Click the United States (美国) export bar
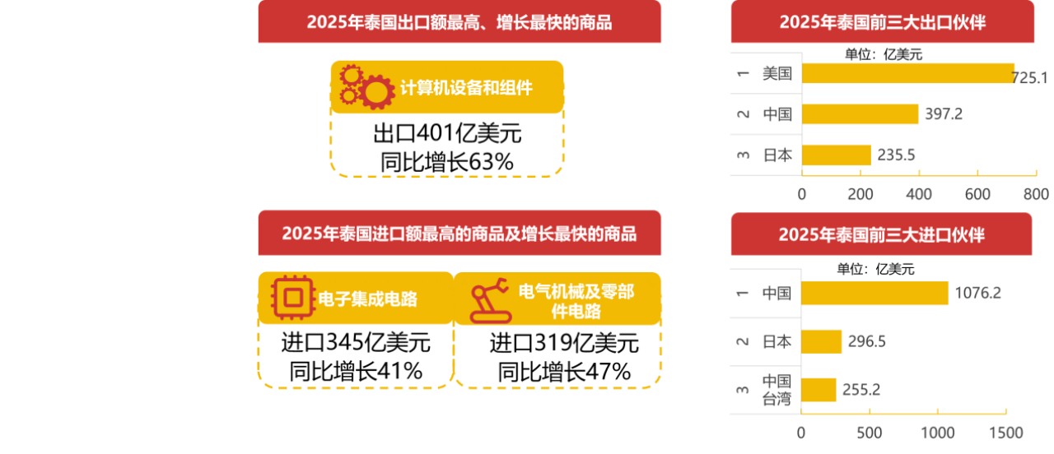click(x=908, y=73)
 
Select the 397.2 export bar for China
click(x=860, y=114)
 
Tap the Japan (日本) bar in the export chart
click(x=837, y=155)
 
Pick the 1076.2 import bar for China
click(x=874, y=293)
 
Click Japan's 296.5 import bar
click(x=822, y=341)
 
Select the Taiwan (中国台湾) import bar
click(x=818, y=390)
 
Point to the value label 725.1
click(x=1029, y=77)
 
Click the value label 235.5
click(x=897, y=155)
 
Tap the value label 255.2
click(x=861, y=390)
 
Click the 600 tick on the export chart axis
click(x=977, y=194)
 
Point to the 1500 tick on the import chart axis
click(x=1006, y=433)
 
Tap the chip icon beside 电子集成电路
click(x=292, y=298)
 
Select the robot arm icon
click(x=491, y=301)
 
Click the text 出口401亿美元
click(x=447, y=133)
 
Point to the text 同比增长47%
click(x=565, y=372)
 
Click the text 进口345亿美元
click(x=356, y=342)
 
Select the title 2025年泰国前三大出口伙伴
click(x=883, y=22)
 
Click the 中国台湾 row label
click(x=777, y=390)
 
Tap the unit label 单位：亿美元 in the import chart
click(x=875, y=269)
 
